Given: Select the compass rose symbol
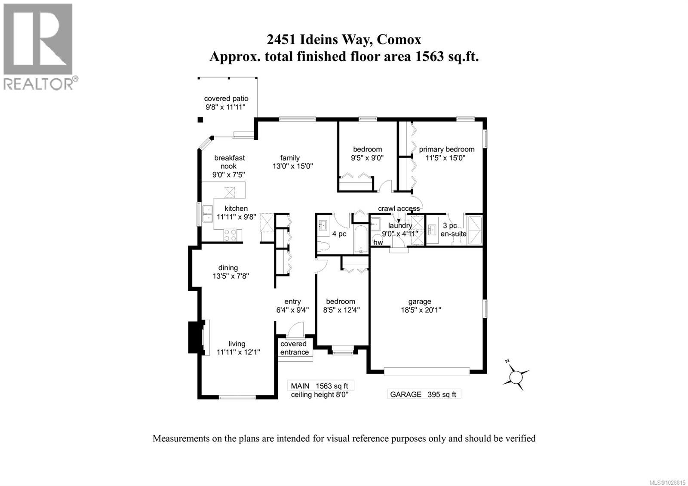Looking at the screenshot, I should [x=515, y=376].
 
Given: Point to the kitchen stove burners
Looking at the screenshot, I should [x=230, y=235].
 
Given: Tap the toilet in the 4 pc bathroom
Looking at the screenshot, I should [x=324, y=246].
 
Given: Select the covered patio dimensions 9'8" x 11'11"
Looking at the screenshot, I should [x=226, y=107].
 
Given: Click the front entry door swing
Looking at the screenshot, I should [x=295, y=329].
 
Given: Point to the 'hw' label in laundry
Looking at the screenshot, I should [x=378, y=243].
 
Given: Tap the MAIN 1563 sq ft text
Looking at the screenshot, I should [x=319, y=386].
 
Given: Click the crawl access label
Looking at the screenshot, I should [x=399, y=209].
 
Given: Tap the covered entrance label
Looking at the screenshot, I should [x=295, y=348].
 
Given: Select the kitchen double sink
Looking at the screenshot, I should [x=208, y=213].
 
